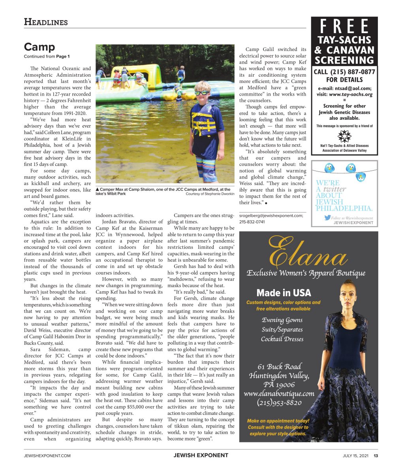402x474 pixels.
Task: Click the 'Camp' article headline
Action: click(39, 47)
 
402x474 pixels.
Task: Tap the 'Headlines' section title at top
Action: click(46, 22)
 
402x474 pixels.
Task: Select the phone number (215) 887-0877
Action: click(344, 72)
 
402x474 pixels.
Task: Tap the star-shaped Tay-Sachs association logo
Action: click(344, 136)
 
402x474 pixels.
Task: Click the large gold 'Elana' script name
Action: click(308, 253)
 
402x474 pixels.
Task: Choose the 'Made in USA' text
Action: click(284, 293)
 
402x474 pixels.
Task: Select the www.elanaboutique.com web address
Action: click(279, 393)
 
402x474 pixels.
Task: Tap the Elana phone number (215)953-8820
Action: click(279, 403)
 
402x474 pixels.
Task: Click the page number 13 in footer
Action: click(376, 455)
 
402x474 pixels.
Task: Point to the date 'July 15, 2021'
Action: click(355, 455)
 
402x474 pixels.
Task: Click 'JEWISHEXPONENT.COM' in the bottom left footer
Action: click(47, 455)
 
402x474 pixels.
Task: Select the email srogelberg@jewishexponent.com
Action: click(271, 215)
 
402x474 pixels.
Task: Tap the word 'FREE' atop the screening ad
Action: click(344, 27)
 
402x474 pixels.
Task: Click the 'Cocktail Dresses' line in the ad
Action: click(282, 339)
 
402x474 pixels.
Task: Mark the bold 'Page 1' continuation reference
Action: click(63, 56)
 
